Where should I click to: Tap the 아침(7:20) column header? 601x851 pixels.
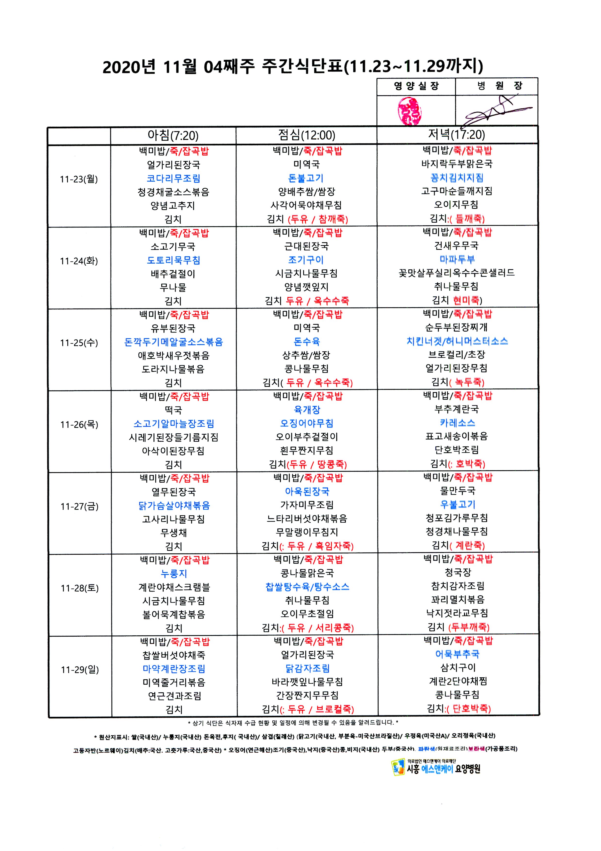173,136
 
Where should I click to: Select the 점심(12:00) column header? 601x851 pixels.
307,135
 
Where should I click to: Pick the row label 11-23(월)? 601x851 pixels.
79,179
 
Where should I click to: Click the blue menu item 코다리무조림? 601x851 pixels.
173,178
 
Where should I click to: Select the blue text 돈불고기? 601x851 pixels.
306,178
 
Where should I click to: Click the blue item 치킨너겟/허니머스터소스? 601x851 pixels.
457,341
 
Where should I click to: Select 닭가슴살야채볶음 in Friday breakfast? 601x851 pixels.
174,506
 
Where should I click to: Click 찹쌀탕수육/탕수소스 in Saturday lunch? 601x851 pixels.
307,587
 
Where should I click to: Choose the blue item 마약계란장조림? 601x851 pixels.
174,669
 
